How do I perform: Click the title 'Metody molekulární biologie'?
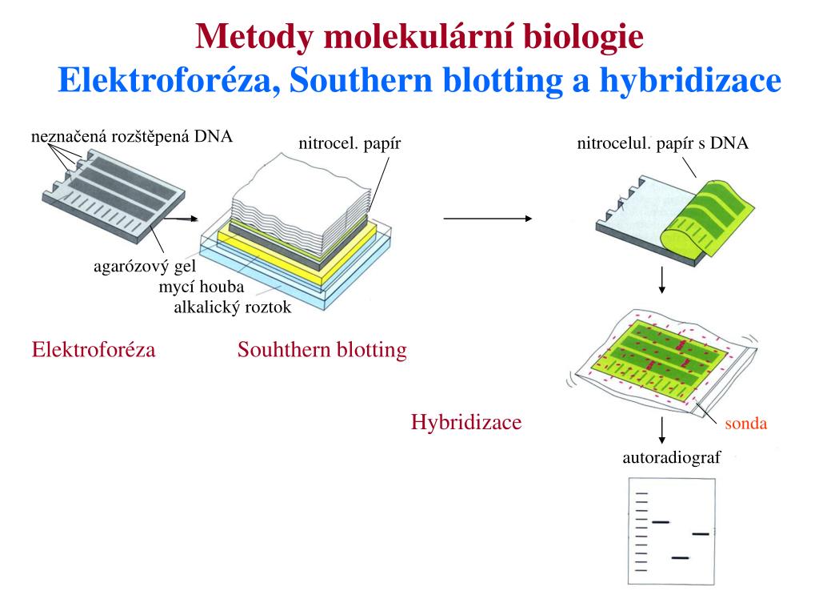coord(420,36)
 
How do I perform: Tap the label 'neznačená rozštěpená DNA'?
coord(132,136)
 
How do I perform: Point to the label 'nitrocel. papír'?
coord(350,144)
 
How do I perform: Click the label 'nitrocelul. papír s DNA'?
coord(662,144)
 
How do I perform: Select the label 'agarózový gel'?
coord(144,267)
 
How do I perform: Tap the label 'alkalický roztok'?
coord(233,307)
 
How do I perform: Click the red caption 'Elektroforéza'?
coord(94,350)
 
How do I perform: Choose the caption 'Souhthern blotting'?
coord(322,350)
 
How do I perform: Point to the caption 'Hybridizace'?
coord(466,422)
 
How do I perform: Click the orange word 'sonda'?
coord(745,424)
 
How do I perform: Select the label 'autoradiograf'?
coord(672,458)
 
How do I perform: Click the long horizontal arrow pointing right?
coord(488,218)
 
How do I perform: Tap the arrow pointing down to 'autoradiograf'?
coord(662,431)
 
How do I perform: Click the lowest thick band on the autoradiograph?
coord(680,557)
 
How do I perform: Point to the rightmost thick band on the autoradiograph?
coord(701,533)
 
